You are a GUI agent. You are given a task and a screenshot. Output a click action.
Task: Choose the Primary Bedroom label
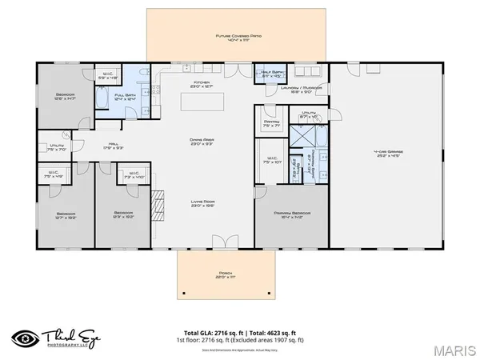[291, 214]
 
